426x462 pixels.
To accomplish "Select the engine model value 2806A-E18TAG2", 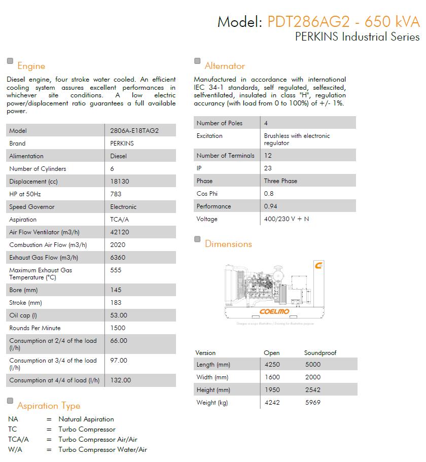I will (134, 131).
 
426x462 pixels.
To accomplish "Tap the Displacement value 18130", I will (119, 182).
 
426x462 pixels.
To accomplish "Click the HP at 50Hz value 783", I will (116, 194).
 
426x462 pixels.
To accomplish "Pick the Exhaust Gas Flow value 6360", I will (118, 258).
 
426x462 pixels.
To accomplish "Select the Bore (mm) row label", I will (23, 290).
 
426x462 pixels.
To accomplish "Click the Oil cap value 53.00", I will (119, 315).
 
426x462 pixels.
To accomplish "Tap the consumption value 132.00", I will (120, 380).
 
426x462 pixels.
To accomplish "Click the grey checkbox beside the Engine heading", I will (10, 61).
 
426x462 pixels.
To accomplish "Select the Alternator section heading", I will (225, 66).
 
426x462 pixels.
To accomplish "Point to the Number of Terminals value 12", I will (268, 156).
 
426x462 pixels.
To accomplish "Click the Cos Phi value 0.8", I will (269, 194).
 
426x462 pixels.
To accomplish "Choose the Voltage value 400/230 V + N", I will (287, 219).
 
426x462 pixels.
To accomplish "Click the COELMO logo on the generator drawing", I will (274, 311).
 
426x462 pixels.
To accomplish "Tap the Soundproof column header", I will (320, 353).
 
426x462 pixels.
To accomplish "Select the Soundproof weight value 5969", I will (312, 403).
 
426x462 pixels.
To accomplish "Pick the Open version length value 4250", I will (272, 365).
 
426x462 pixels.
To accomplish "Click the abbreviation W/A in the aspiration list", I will (15, 450).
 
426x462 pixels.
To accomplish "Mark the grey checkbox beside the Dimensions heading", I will (197, 239).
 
